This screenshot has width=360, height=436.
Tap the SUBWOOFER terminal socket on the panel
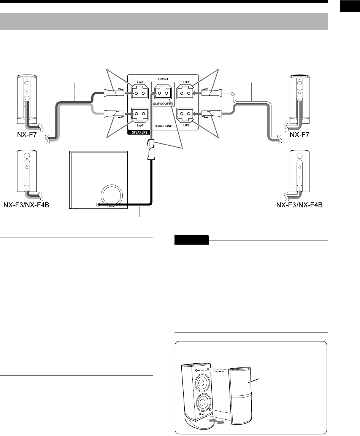[x=163, y=93]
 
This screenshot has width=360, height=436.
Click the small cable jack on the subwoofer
[x=98, y=205]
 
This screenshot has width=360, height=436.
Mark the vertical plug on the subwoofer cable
[x=150, y=150]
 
